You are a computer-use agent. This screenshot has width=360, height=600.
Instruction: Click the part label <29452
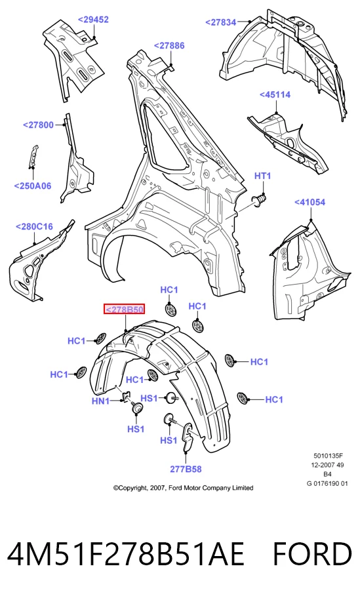93,20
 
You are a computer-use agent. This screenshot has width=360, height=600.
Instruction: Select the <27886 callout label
169,45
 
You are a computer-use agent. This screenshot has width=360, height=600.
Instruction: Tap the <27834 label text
221,22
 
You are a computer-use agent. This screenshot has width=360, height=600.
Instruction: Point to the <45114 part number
275,94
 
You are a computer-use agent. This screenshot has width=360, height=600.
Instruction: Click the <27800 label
38,125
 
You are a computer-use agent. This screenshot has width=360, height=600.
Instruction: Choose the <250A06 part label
33,186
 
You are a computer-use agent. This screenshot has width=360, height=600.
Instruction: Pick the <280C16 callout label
34,226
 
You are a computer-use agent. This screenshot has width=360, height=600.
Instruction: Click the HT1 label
263,176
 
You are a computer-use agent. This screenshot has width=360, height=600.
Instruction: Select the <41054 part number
310,202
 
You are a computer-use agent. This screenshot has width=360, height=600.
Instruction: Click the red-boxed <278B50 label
125,309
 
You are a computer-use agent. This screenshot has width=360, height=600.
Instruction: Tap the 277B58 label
186,469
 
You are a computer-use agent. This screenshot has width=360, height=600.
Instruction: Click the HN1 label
100,401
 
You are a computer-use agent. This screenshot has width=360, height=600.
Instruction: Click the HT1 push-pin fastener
260,200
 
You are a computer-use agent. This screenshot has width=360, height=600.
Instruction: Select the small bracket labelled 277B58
186,436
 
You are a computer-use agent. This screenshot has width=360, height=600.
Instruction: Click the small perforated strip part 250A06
34,156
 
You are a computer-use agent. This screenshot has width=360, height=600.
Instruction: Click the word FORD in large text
311,555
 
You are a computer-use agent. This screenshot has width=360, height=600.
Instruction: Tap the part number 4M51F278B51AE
125,555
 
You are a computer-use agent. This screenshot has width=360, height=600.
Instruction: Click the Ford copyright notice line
183,488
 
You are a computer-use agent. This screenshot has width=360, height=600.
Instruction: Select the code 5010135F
329,456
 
